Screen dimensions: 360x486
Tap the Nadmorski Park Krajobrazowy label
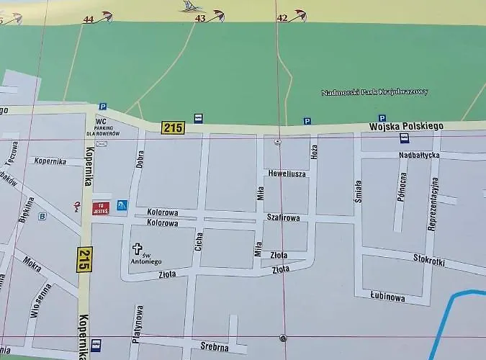click(x=374, y=92)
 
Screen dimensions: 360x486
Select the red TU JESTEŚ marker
click(x=100, y=208)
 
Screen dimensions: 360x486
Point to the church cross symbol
click(x=137, y=249)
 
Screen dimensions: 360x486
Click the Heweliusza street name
click(x=287, y=174)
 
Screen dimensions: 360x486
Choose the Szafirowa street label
click(x=283, y=216)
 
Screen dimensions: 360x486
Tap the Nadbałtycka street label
click(x=418, y=156)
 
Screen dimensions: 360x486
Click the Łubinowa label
click(x=387, y=297)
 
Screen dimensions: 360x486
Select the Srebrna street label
click(x=215, y=347)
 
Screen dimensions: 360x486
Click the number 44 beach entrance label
click(x=88, y=19)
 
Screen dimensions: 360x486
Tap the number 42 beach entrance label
click(x=282, y=17)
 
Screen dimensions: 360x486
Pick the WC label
click(x=101, y=122)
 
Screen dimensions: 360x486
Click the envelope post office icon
click(x=101, y=143)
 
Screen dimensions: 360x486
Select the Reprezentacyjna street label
click(x=433, y=204)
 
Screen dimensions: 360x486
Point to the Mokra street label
click(x=32, y=264)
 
